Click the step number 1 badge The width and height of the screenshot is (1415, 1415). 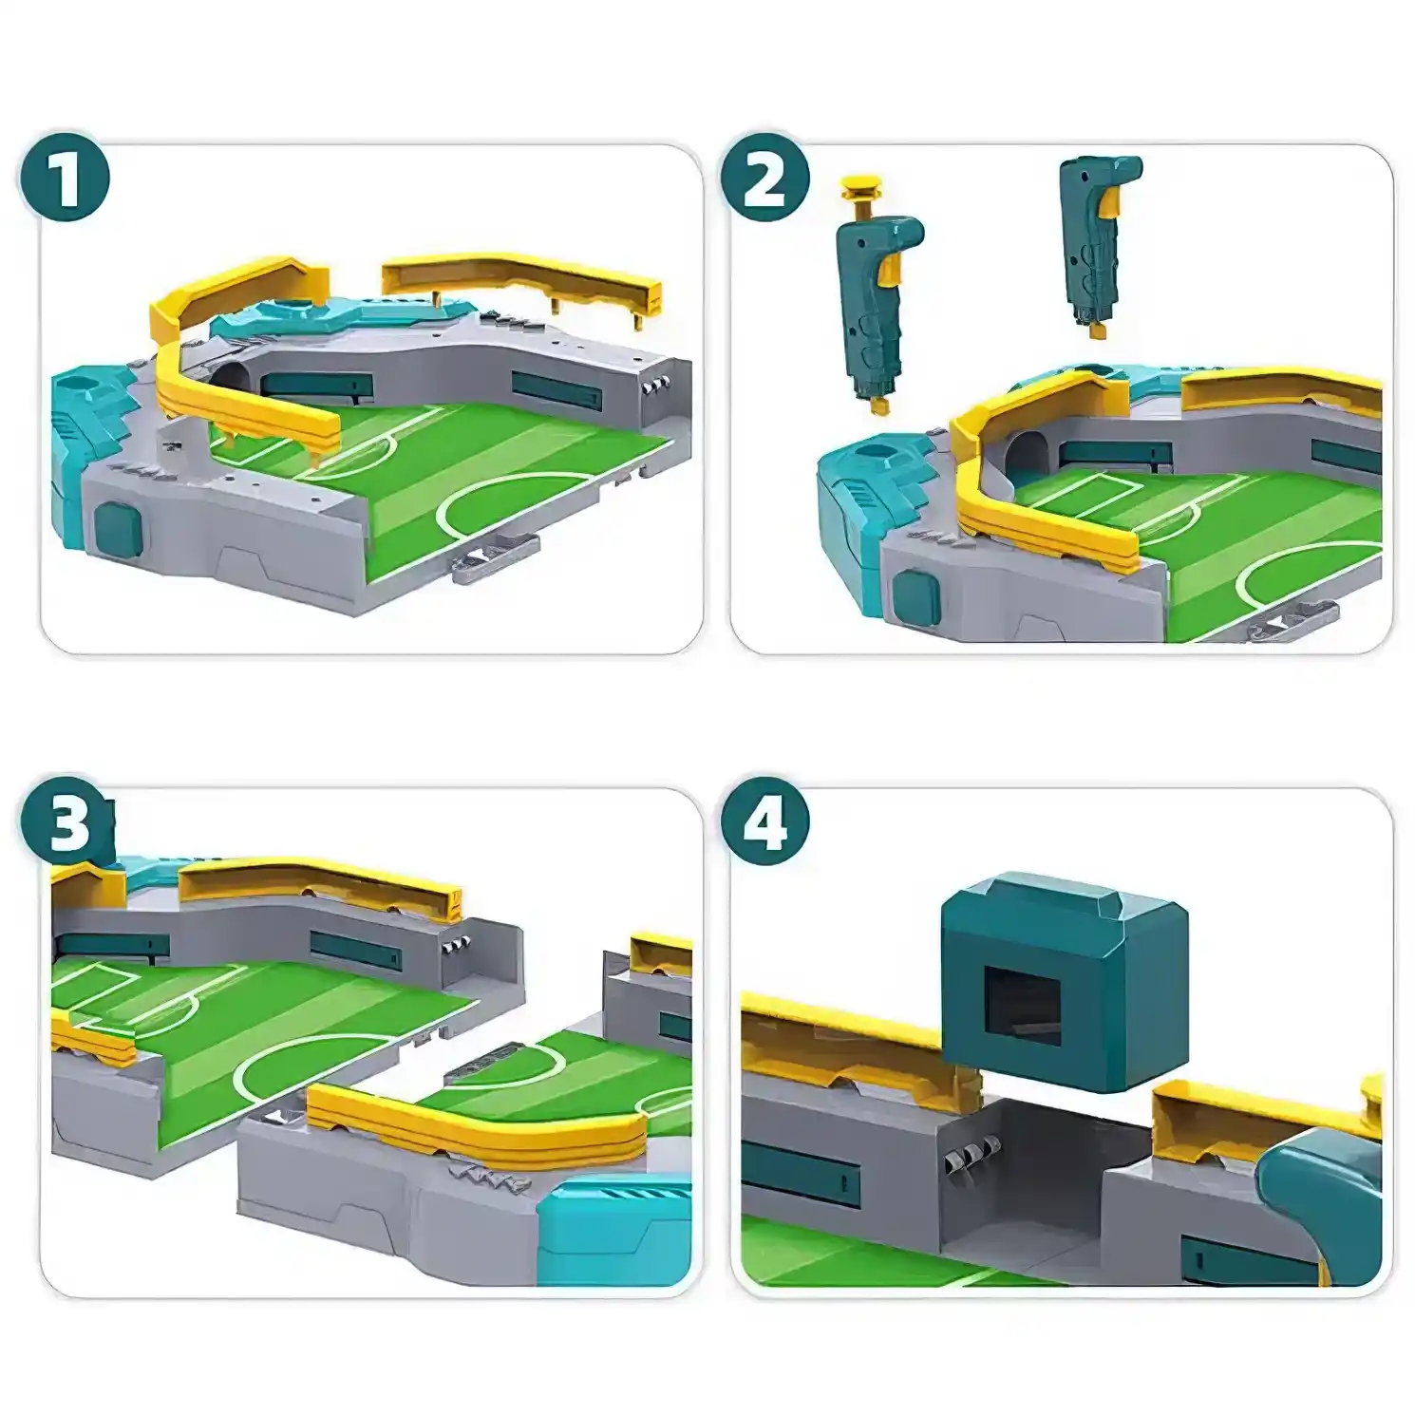pos(65,178)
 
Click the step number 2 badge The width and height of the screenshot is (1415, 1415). pos(764,178)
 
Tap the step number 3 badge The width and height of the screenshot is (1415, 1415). pos(65,822)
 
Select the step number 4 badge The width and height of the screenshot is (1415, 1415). pos(764,822)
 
